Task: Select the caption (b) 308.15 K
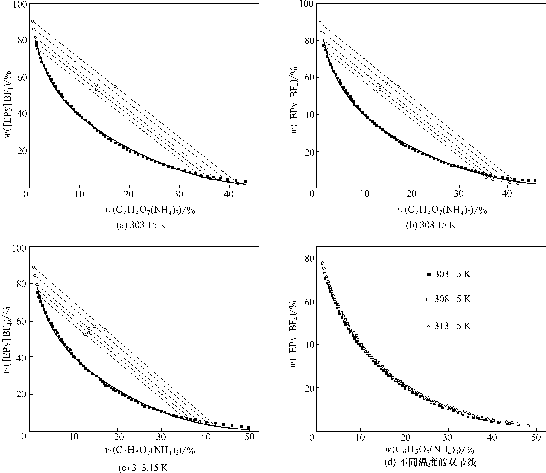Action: click(x=431, y=225)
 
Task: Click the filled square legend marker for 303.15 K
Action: click(x=428, y=274)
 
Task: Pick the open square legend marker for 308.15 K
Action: click(x=428, y=299)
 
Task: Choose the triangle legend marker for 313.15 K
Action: click(x=428, y=326)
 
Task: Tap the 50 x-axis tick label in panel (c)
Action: click(x=249, y=437)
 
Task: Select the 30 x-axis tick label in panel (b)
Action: click(x=459, y=194)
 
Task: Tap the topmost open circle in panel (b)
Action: click(x=320, y=23)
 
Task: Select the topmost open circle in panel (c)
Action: click(x=33, y=267)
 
